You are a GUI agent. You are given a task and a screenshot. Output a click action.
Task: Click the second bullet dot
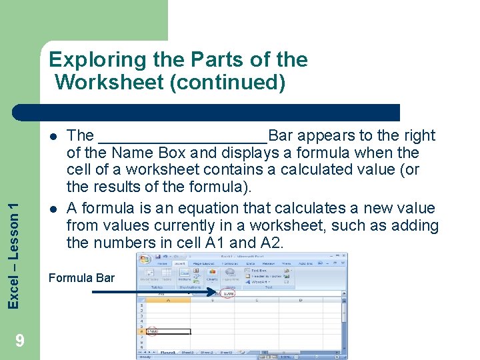[52, 209]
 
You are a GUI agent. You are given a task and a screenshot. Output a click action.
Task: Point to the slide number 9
[20, 341]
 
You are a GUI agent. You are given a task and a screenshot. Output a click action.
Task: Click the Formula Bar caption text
[82, 278]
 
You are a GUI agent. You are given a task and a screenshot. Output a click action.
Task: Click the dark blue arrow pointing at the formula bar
[153, 291]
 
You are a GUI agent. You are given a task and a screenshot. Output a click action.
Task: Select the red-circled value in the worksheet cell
[151, 331]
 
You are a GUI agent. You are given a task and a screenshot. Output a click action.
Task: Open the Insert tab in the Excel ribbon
[179, 263]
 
